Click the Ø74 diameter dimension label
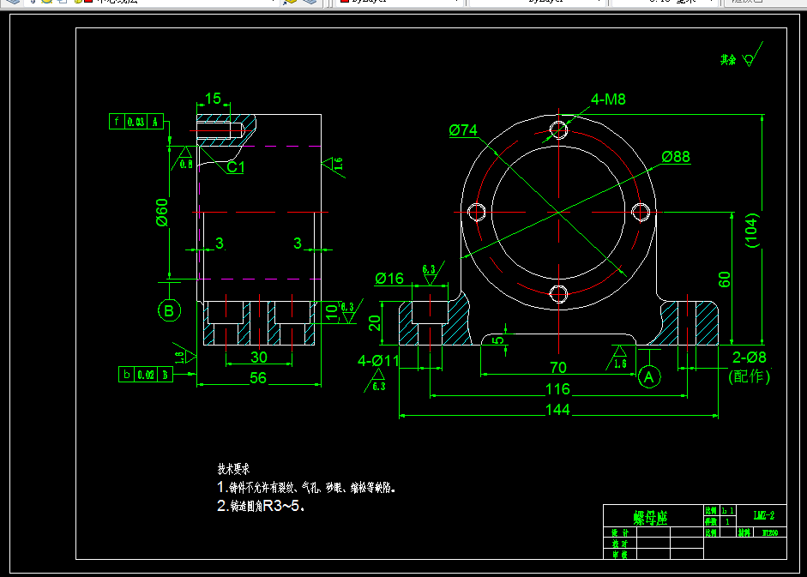coord(462,130)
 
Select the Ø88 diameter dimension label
coord(676,157)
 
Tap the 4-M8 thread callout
coord(608,99)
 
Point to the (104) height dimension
coord(752,230)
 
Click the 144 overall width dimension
coord(558,410)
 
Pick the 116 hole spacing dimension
coord(557,388)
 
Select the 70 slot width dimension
coord(558,368)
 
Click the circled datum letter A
coord(649,376)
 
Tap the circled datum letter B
coord(169,310)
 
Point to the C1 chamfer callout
coord(235,168)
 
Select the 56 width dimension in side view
coord(257,377)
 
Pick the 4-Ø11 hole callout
coord(378,361)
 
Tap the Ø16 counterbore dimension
coord(389,278)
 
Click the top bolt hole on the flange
coord(559,129)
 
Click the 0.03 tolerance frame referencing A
coord(136,122)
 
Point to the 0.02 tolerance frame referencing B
coord(146,375)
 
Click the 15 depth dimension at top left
coord(214,99)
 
